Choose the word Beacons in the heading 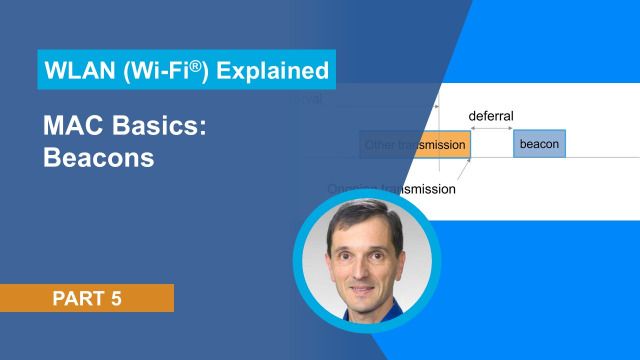point(98,158)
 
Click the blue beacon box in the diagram point(540,145)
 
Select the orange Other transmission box point(414,146)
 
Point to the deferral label point(490,116)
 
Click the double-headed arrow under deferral point(490,129)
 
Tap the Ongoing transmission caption point(392,188)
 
